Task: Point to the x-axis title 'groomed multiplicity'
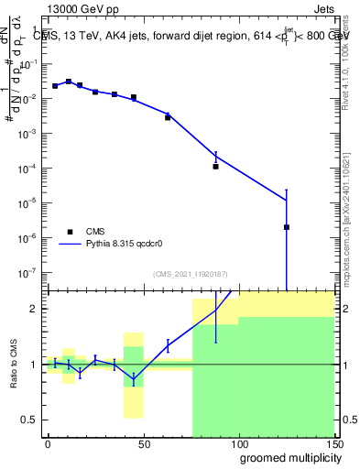pyautogui.click(x=287, y=457)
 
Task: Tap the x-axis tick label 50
pyautogui.click(x=143, y=442)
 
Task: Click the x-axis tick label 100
pyautogui.click(x=238, y=442)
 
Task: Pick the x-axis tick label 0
pyautogui.click(x=48, y=442)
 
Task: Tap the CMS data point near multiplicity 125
pyautogui.click(x=287, y=227)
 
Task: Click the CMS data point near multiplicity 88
pyautogui.click(x=215, y=167)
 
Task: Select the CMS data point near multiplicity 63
pyautogui.click(x=168, y=117)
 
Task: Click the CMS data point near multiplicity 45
pyautogui.click(x=133, y=97)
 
